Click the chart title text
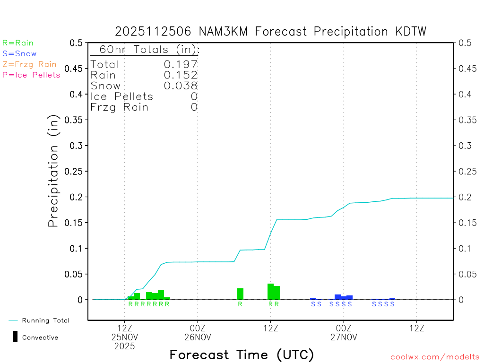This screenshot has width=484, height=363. pos(271,32)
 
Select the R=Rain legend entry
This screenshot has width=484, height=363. pos(18,43)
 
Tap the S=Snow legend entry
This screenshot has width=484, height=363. pos(19,54)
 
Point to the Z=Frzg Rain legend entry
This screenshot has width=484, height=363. pos(29,64)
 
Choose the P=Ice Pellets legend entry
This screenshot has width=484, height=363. pos(31,75)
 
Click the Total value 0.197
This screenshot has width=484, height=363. pos(181,64)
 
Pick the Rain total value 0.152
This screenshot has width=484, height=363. pos(181,75)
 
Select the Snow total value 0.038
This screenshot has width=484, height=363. pos(181,86)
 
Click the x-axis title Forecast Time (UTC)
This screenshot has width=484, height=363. pos(242,354)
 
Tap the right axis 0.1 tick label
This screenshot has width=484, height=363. pos(464,249)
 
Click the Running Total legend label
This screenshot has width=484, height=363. pos(45,320)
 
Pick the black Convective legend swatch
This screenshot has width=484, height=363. pos(15,337)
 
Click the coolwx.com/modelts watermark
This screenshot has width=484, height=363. pos(435,357)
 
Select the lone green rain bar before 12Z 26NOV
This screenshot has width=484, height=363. pos(240,294)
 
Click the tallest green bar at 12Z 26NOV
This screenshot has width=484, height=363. pos(270,291)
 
